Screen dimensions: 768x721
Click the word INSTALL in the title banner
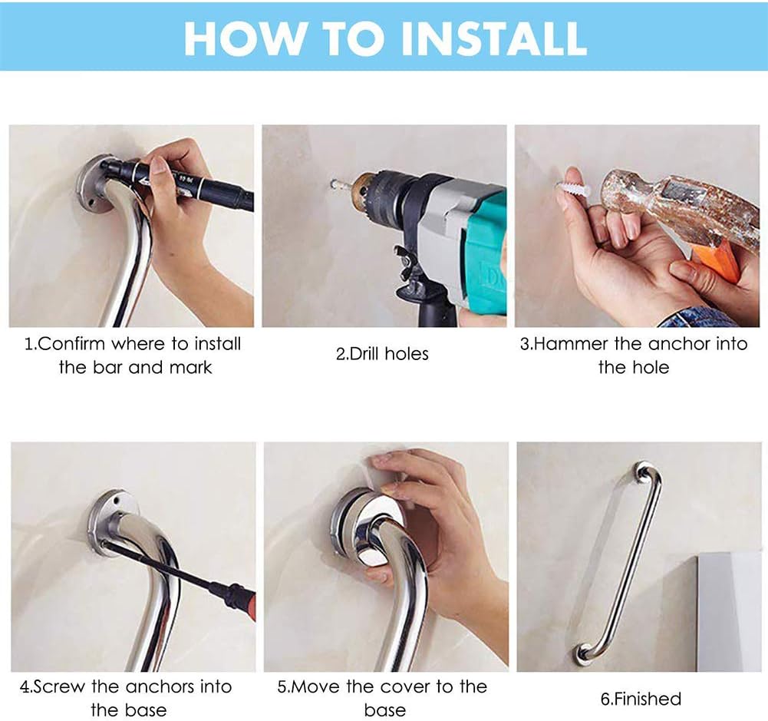click(494, 38)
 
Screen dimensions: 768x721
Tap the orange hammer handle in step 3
click(720, 263)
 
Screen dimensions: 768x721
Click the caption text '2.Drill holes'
click(382, 354)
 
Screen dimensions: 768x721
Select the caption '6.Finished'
click(641, 699)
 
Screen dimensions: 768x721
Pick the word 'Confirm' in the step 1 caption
click(71, 344)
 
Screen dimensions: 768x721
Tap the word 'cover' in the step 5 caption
click(403, 687)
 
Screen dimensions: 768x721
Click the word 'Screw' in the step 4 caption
click(59, 687)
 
